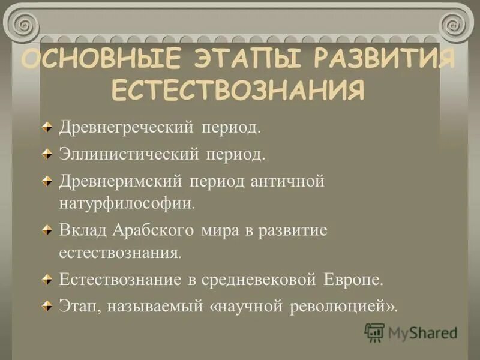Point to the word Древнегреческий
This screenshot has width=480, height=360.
click(x=125, y=127)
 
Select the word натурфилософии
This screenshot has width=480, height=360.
click(x=126, y=203)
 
